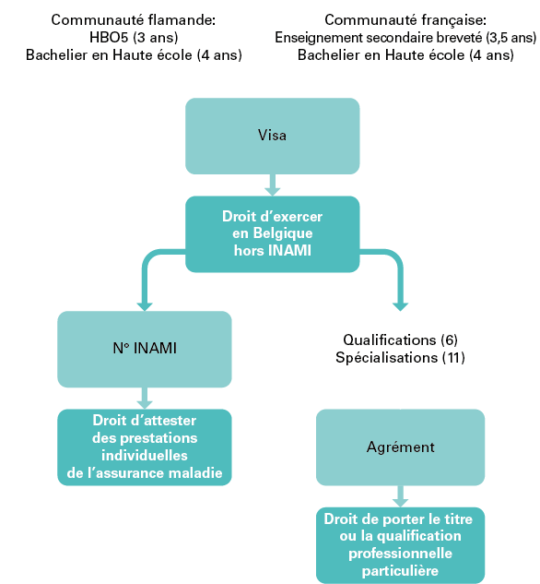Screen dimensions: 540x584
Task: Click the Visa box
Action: [272, 136]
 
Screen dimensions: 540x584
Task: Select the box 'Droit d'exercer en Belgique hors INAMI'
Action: [272, 234]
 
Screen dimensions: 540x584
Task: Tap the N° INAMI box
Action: [145, 349]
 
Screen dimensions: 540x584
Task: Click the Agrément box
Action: [400, 447]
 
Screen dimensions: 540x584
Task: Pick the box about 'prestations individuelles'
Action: [145, 447]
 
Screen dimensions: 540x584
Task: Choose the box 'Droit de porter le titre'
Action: [400, 545]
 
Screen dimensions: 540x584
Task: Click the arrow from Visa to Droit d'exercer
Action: [272, 185]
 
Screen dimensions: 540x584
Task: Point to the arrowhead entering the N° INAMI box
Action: [145, 306]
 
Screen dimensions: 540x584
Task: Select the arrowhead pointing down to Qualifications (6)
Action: [400, 306]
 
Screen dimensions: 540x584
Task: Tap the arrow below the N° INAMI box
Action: [145, 399]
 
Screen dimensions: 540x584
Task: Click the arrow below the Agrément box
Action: [400, 496]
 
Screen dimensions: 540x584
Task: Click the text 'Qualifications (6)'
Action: [400, 340]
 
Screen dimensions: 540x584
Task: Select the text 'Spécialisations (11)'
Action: [400, 358]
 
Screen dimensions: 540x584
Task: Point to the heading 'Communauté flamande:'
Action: [133, 19]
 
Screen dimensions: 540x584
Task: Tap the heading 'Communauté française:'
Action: [405, 20]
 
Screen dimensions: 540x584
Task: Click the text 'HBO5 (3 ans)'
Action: [134, 37]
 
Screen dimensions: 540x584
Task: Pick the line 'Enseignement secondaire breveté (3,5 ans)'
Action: [405, 37]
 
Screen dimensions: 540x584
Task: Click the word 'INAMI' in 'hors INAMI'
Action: [289, 250]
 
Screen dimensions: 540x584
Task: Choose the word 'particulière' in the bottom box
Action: [400, 570]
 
